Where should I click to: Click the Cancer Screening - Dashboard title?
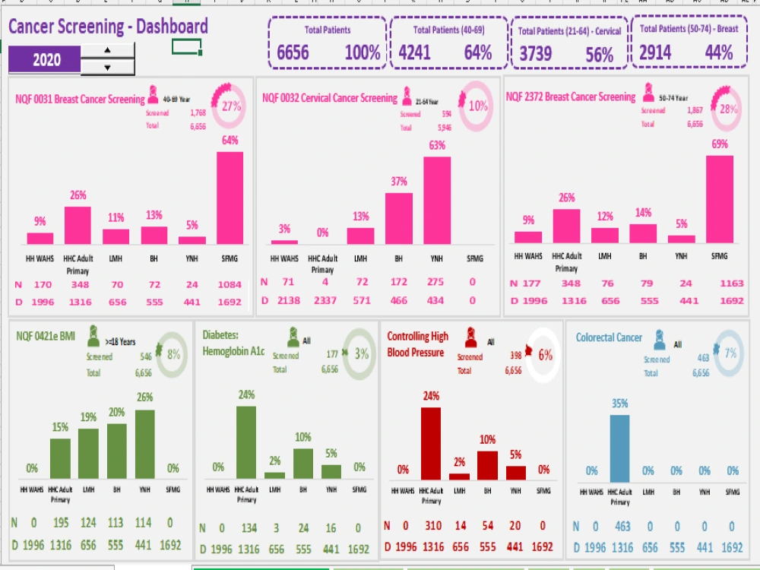point(108,27)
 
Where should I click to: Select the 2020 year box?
point(44,59)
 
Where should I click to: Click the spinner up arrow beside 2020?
point(107,51)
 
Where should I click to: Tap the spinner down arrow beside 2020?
point(107,67)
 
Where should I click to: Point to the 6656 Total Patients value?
point(293,52)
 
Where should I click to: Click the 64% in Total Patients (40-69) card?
point(478,52)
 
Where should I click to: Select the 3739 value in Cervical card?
point(537,54)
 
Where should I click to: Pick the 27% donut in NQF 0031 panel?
point(231,106)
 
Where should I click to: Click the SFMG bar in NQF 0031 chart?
point(230,198)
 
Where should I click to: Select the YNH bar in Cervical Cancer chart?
point(436,200)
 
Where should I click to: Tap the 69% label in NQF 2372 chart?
point(720,144)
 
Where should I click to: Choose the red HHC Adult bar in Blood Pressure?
point(431,444)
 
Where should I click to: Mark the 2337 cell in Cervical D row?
point(324,300)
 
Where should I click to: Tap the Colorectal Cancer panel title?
point(609,337)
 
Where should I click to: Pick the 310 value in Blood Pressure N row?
point(432,525)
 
